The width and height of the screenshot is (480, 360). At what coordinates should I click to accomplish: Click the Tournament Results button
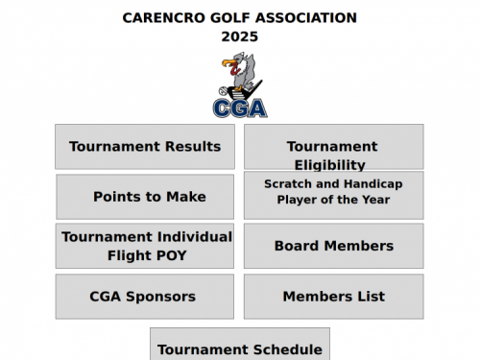pyautogui.click(x=144, y=147)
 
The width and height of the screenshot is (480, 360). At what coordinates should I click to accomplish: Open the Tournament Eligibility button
pyautogui.click(x=333, y=147)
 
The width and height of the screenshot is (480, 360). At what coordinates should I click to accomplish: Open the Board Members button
pyautogui.click(x=333, y=246)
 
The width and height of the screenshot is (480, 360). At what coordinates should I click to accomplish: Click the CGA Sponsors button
pyautogui.click(x=144, y=297)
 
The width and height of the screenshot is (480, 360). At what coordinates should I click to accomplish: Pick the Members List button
pyautogui.click(x=333, y=297)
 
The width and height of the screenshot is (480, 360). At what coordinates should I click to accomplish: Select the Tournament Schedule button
pyautogui.click(x=240, y=348)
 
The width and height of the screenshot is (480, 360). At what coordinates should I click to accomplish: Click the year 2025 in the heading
pyautogui.click(x=240, y=36)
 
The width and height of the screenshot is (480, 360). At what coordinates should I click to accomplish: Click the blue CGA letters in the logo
pyautogui.click(x=240, y=108)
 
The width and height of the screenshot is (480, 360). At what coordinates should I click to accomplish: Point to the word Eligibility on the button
pyautogui.click(x=330, y=165)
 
